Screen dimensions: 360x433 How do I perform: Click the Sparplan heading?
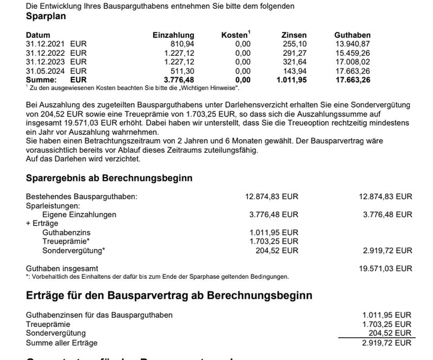tap(46, 16)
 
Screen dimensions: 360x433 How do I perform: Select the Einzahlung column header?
tap(173, 35)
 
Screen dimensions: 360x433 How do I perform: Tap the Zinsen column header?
tap(294, 35)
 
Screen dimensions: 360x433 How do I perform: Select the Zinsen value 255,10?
tap(295, 43)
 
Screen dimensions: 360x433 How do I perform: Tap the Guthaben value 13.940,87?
tap(352, 43)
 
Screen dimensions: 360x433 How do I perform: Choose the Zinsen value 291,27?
tap(295, 53)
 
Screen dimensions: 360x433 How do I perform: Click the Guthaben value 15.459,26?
tap(352, 53)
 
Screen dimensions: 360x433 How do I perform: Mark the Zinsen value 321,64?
tap(295, 62)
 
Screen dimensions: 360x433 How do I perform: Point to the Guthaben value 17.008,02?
tap(352, 62)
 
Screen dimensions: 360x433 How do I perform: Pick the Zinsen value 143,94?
tap(295, 70)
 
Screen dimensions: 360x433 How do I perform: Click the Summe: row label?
tap(41, 80)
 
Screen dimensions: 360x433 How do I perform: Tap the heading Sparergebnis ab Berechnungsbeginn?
tap(109, 178)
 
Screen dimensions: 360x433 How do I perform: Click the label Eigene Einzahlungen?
tap(79, 214)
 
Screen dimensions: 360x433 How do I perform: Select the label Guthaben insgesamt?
tap(62, 269)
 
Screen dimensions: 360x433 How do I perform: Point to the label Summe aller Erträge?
tap(61, 343)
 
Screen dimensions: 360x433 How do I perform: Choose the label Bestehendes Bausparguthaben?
tap(82, 197)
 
